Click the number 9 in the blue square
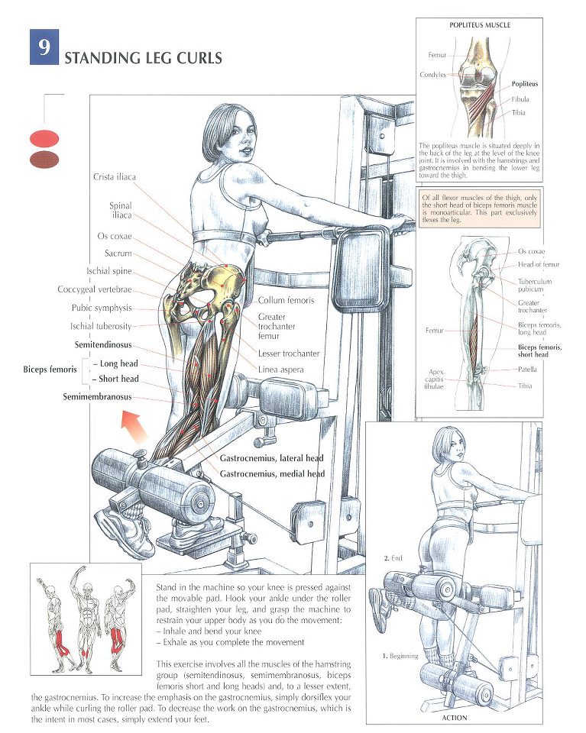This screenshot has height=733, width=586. click(x=44, y=47)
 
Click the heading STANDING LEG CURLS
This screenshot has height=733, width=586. click(x=143, y=58)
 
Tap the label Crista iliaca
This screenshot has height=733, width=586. click(x=115, y=176)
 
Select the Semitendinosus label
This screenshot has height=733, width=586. click(x=103, y=345)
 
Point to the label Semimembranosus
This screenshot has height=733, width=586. click(x=97, y=397)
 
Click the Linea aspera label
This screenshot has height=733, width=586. click(x=280, y=370)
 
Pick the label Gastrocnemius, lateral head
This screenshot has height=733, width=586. click(x=272, y=458)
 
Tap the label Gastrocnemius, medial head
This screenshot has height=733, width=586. click(x=272, y=473)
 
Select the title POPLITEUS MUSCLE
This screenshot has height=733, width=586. click(x=480, y=24)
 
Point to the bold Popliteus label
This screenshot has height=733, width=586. click(x=525, y=84)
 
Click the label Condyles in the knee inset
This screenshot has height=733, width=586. click(x=432, y=74)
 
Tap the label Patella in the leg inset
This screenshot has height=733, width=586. click(x=527, y=370)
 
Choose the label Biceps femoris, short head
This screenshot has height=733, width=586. click(x=539, y=350)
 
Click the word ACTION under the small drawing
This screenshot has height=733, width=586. click(x=454, y=718)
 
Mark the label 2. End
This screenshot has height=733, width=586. click(x=393, y=557)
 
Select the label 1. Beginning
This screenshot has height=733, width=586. click(x=400, y=656)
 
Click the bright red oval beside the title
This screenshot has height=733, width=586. click(x=44, y=139)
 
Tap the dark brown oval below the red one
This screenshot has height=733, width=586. click(x=44, y=160)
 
